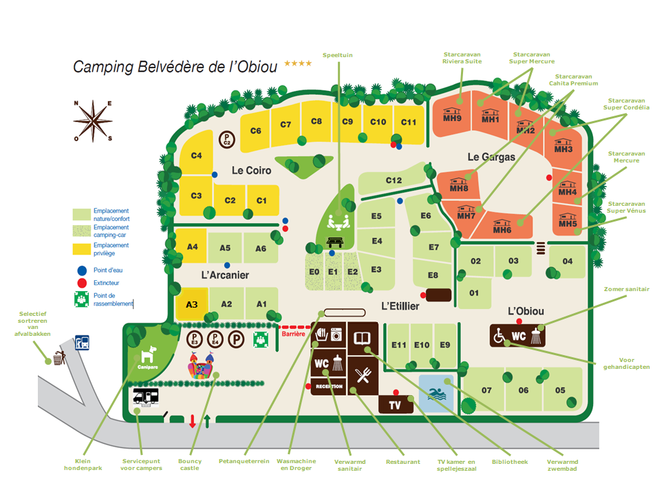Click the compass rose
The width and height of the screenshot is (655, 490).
[93, 120]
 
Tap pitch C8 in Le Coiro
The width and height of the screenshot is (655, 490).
[316, 122]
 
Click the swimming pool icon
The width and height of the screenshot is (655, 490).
[437, 394]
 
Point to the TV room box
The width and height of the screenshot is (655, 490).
[396, 405]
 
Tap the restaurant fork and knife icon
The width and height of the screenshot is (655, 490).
[363, 375]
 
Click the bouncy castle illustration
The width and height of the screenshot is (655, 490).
[202, 365]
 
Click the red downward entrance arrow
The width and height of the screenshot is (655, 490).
[192, 420]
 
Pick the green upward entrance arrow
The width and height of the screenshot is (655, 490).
[207, 421]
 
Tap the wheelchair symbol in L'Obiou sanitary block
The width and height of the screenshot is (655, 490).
[500, 336]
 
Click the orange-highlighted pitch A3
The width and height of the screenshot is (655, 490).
[192, 304]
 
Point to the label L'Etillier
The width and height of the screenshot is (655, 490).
[400, 306]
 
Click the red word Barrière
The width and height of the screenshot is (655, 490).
[293, 334]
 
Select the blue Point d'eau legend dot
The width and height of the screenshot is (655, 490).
[82, 270]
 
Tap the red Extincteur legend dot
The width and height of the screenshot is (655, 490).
[82, 284]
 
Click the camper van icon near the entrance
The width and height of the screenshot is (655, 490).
[146, 397]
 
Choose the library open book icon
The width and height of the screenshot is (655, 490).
[362, 337]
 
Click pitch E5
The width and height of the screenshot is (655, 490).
[376, 216]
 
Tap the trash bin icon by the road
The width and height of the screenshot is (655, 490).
[59, 358]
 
